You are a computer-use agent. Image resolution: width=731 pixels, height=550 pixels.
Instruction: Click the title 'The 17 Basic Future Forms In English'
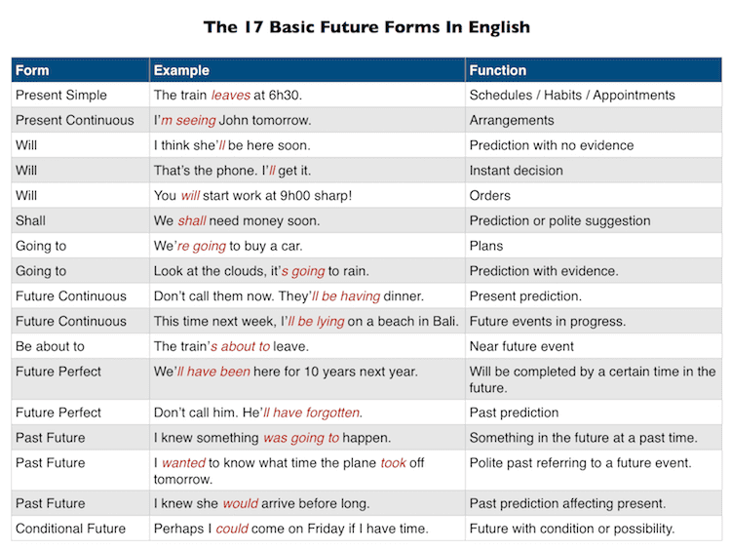(x=366, y=26)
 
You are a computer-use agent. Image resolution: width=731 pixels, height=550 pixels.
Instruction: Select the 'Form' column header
(x=32, y=70)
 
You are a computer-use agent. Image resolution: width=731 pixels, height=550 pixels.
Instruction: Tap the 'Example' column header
(x=181, y=70)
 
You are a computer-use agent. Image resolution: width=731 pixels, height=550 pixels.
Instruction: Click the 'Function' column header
(x=497, y=70)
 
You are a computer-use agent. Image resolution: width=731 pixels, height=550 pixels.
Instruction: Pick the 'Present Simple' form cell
(x=61, y=96)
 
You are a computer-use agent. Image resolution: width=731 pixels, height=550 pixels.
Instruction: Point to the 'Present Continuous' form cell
(x=75, y=121)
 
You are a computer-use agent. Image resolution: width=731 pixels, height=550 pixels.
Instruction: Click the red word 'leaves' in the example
(x=231, y=96)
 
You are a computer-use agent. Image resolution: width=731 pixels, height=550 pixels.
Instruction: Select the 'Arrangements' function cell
(x=512, y=121)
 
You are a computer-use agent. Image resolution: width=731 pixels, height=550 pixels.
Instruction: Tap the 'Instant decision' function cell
(x=516, y=171)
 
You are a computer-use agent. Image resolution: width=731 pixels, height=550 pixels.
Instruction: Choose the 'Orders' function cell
(x=490, y=196)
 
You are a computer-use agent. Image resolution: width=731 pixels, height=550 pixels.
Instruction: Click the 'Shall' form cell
(x=30, y=221)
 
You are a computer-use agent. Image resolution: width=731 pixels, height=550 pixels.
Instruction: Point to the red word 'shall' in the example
(x=192, y=221)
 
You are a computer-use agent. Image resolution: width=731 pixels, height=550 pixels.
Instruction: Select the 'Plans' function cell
(x=487, y=247)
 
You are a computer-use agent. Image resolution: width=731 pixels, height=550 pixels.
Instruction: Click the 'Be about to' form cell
(x=50, y=346)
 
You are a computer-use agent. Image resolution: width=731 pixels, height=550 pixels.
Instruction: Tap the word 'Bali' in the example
(x=442, y=321)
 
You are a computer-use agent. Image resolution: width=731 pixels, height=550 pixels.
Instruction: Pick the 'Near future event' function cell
(x=521, y=346)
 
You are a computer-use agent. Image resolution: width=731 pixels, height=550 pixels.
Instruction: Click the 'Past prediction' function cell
(x=514, y=412)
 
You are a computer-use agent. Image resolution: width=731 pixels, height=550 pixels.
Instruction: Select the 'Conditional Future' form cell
(x=70, y=529)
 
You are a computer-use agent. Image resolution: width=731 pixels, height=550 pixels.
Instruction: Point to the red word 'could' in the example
(x=232, y=529)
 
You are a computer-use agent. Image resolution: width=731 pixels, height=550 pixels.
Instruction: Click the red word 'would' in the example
(x=240, y=504)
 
